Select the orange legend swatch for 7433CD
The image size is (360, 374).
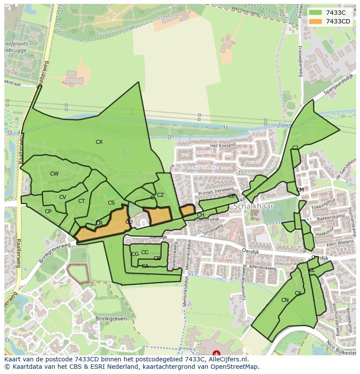pos(316,21)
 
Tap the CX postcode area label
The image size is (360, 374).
pos(99,142)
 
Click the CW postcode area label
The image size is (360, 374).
pos(54,174)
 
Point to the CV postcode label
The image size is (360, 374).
pos(63,197)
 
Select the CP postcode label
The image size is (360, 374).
pos(48,212)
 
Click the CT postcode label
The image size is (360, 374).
pos(81,201)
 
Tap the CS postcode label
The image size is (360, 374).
pos(111,203)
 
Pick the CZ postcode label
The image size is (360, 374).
pos(160,195)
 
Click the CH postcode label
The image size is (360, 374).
pos(200,215)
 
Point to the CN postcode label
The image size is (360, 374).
pos(285,300)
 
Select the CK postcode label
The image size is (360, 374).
pos(298,293)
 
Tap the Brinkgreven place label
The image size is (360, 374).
pos(111,318)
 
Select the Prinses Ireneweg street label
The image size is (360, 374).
pos(216,191)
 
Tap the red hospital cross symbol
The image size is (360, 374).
pos(216,354)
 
